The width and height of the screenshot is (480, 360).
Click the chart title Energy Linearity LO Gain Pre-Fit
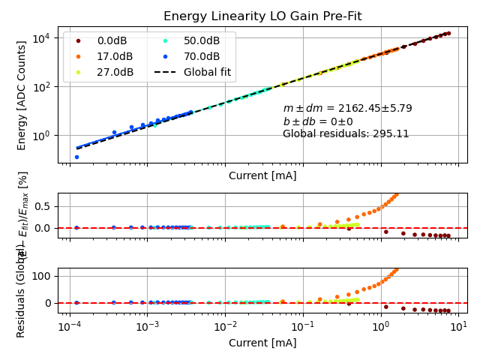tap(262, 16)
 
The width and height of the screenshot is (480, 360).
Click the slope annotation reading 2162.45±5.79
tap(347, 108)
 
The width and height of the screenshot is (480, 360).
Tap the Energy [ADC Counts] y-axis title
tap(22, 95)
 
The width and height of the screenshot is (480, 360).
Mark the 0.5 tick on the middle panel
tap(43, 206)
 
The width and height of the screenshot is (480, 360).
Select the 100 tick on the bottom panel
tap(42, 276)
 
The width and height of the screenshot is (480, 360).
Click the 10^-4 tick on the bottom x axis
tap(70, 328)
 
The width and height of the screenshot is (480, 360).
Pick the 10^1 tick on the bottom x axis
tap(459, 328)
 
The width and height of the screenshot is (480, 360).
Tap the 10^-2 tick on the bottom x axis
tap(226, 328)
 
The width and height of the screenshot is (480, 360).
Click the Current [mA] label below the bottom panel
tap(262, 343)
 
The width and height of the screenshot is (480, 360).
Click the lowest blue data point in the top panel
tap(76, 157)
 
